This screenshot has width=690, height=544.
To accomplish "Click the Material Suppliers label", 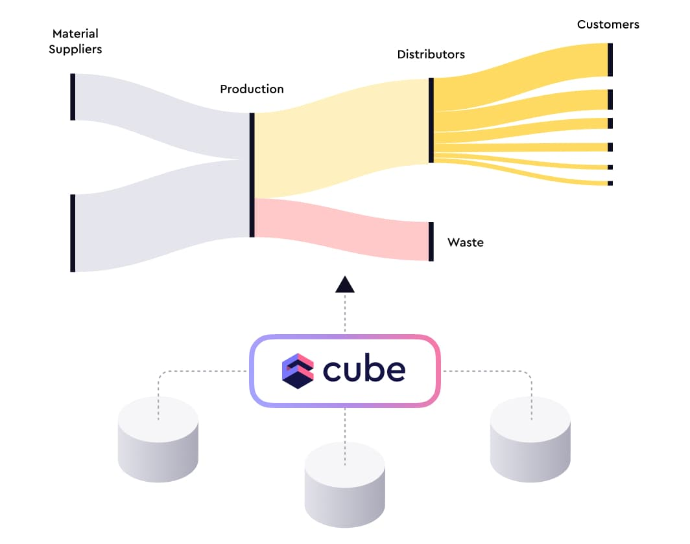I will click(75, 41).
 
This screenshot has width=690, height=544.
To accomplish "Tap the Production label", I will click(252, 89).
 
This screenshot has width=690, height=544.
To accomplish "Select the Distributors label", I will click(431, 54).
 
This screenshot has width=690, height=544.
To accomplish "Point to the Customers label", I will click(608, 25).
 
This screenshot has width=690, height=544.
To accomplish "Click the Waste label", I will click(465, 243).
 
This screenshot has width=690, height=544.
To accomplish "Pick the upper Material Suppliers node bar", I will click(73, 97).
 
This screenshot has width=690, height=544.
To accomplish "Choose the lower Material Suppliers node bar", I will click(73, 233).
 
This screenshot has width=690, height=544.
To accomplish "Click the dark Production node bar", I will click(252, 175).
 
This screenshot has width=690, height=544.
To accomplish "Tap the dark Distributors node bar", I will click(431, 120).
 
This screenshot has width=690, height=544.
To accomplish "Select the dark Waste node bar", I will click(431, 242).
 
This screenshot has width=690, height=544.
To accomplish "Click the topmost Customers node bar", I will click(610, 60).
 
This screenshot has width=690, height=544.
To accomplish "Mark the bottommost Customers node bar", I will click(610, 183).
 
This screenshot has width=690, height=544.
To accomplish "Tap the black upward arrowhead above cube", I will click(345, 284).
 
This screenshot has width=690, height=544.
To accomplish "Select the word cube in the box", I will click(364, 371).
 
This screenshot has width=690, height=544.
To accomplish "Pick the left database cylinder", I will click(158, 440).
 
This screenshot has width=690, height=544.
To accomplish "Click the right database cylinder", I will click(530, 440).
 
